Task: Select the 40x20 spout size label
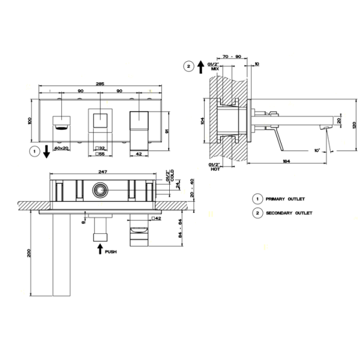click(61, 146)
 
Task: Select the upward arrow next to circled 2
click(200, 67)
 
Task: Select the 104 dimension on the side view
click(203, 121)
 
